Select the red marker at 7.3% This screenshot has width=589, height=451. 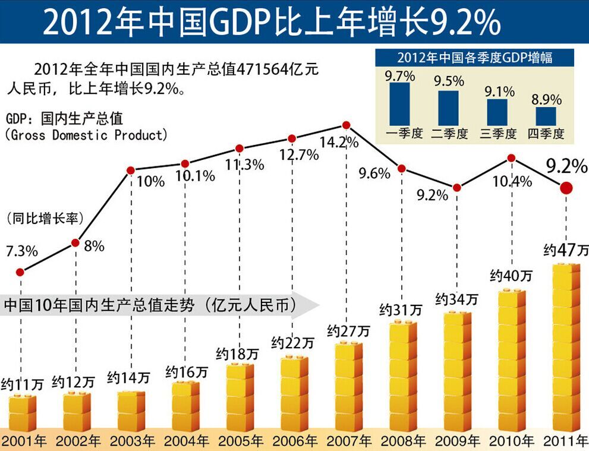coord(20,272)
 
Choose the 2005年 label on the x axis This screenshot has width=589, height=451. coord(241,441)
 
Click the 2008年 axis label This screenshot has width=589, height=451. coord(404,441)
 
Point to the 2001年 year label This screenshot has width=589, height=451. coord(23,441)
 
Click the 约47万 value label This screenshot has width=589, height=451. coord(564,250)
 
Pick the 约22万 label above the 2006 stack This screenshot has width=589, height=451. coord(293,342)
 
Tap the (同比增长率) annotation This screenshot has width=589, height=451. coord(45,218)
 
